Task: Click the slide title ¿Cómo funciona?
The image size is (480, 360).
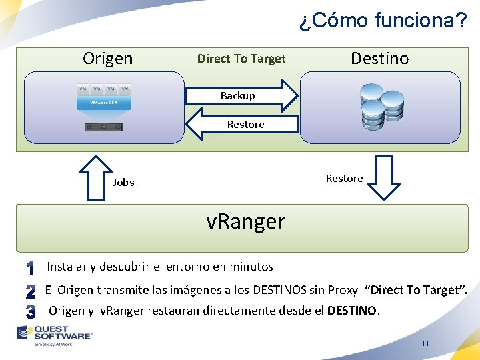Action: [x=383, y=20]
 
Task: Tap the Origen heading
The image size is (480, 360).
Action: [x=107, y=59]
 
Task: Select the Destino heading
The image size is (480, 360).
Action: [x=379, y=59]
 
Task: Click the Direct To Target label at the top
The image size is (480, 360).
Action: [x=241, y=59]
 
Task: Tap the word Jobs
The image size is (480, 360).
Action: [x=123, y=182]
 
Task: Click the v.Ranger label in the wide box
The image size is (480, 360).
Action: [x=245, y=221]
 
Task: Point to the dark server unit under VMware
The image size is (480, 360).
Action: [x=103, y=127]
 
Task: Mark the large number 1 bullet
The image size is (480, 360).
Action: [x=30, y=268]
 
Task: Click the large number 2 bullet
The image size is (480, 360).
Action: [x=30, y=291]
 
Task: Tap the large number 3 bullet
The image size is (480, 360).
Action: [x=30, y=311]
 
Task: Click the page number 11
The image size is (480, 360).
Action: [x=425, y=344]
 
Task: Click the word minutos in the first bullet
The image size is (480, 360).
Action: [x=251, y=267]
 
